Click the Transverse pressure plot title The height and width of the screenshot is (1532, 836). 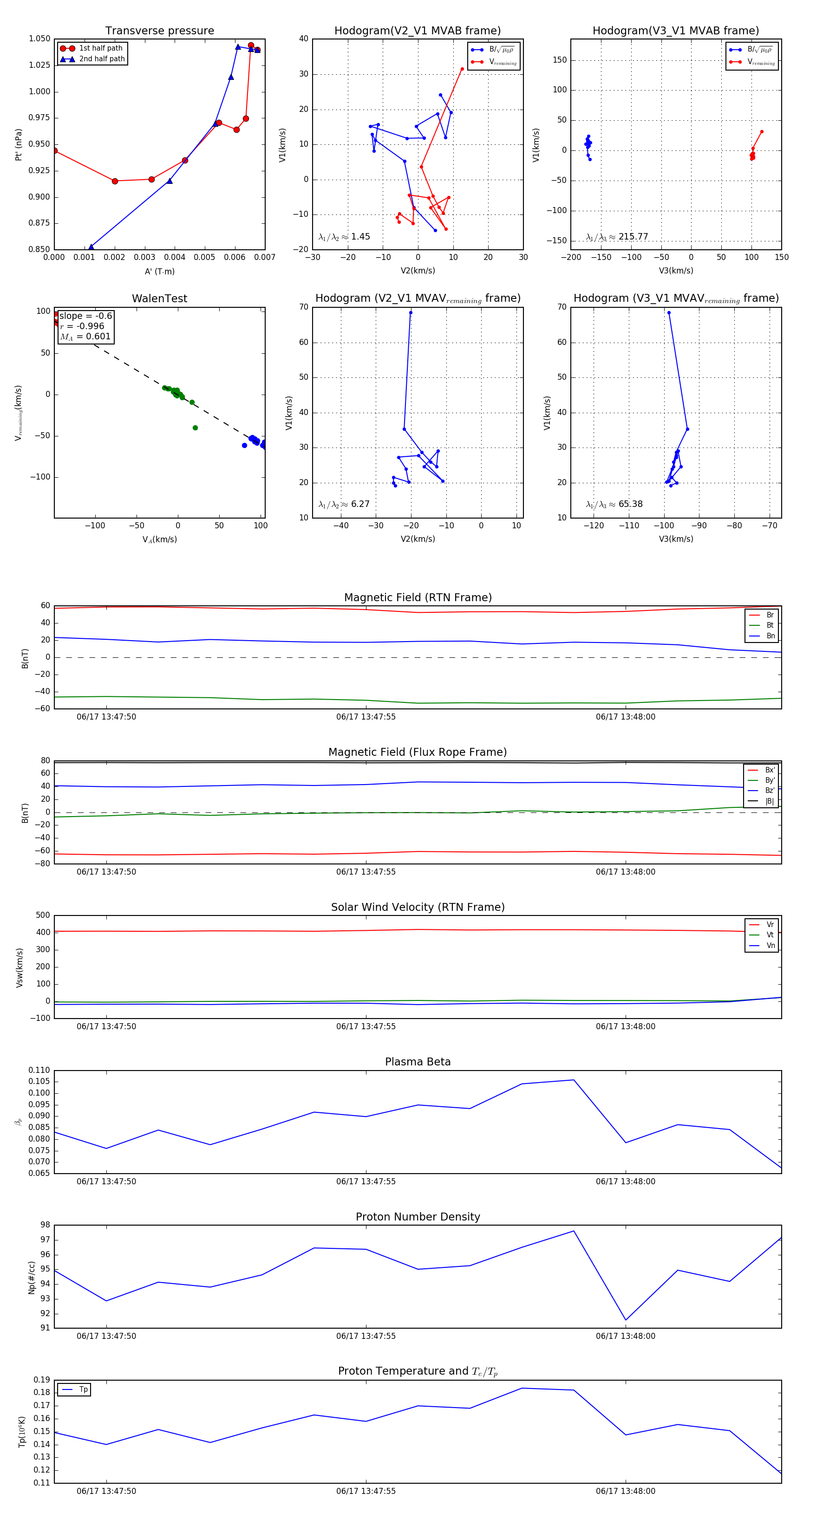159,31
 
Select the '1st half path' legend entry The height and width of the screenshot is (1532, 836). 100,48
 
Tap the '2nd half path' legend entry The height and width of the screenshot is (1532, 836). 102,59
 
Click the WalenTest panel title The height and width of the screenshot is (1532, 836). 159,299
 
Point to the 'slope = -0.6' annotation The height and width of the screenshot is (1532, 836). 85,316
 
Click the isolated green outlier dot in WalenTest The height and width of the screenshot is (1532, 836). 195,428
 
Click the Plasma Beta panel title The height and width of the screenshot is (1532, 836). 418,1062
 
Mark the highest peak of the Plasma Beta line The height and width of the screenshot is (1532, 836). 574,1080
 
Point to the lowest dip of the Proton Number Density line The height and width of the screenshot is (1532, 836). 625,1320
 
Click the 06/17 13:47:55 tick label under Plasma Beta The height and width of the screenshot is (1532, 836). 366,1181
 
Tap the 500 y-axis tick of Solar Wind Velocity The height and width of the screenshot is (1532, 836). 43,915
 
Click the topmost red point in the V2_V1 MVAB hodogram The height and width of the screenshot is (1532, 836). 462,69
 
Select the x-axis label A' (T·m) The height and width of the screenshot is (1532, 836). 159,271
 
